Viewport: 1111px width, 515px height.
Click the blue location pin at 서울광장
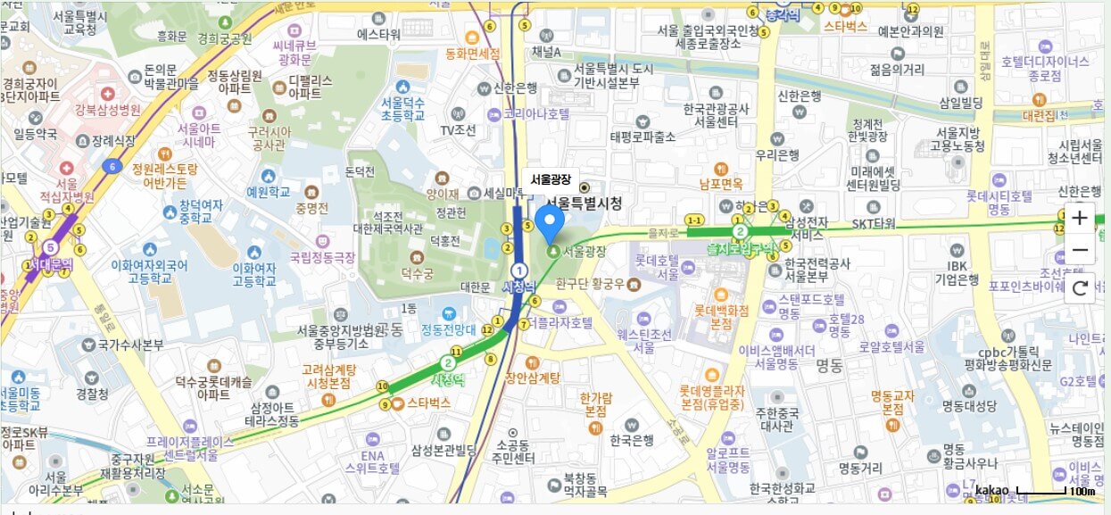550,223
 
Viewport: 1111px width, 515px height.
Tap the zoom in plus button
1080,218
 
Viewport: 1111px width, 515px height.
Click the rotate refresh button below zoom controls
1080,287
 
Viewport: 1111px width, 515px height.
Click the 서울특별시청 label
584,203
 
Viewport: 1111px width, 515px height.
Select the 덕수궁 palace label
417,272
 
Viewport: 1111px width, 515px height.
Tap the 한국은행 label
634,440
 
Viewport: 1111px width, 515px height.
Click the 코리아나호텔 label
535,113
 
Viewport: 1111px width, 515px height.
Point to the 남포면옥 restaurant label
721,184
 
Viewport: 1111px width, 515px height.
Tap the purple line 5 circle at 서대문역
51,246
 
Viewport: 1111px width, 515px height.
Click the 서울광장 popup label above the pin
550,179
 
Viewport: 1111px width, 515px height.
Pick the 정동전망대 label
449,328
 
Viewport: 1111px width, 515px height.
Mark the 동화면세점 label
472,54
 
